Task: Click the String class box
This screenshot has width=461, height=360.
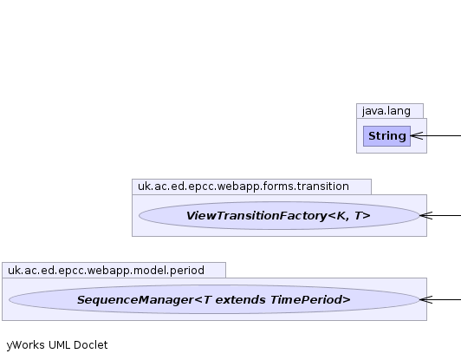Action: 386,136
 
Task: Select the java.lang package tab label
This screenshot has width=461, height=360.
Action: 386,111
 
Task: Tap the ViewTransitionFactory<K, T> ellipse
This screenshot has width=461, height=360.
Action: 279,215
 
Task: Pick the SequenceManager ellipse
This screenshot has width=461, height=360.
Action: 214,299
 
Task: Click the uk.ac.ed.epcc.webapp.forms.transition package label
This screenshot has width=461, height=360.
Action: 243,187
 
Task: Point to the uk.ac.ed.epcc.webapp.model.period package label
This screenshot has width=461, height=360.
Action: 106,271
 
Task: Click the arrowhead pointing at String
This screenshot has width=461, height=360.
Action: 417,136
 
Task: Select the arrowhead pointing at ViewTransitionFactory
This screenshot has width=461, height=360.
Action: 426,215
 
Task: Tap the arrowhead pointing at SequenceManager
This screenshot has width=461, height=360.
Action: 426,299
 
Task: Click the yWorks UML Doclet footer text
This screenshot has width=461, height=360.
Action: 57,345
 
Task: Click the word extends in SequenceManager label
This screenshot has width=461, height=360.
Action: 241,300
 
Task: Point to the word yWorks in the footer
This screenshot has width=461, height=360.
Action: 26,345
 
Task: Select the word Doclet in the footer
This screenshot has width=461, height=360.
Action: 90,344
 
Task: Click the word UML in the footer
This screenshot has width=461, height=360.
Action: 59,344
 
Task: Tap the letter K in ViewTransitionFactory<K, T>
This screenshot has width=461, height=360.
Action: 341,216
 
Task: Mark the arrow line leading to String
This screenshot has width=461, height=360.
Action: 436,136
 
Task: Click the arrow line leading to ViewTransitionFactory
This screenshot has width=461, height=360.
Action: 440,215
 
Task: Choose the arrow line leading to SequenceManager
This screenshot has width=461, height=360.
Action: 440,299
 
